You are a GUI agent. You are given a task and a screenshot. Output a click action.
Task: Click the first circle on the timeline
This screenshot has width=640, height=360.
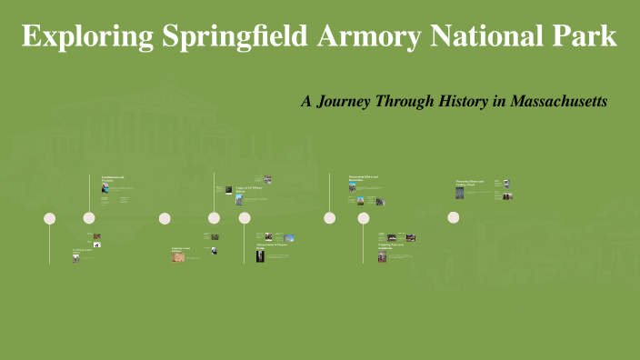coord(50,218)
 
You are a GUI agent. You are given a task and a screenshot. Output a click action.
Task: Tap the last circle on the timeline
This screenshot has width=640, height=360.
coord(453,218)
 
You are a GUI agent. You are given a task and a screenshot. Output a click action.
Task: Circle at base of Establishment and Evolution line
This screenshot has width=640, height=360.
coord(89,218)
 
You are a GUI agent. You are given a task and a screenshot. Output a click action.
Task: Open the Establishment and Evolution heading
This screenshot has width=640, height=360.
coord(113,178)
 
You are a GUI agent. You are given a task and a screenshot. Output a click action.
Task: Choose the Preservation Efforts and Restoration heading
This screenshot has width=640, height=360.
coord(363,178)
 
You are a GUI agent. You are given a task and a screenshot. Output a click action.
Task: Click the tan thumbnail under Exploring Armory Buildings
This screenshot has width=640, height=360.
coord(178,256)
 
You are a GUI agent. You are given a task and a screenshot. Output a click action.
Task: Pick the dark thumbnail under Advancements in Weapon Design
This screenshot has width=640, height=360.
coord(260,257)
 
